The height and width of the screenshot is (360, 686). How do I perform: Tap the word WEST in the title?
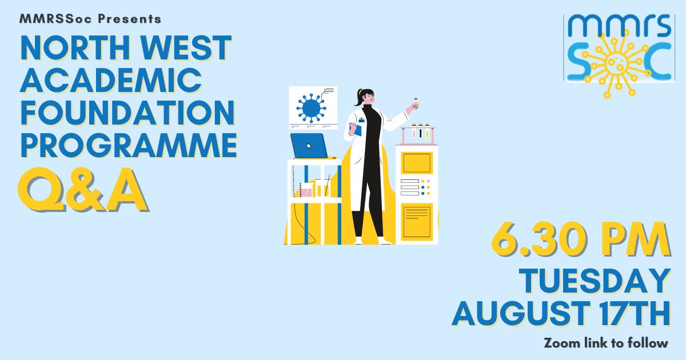pos(186,48)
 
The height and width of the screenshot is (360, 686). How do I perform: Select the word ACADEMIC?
pos(111,80)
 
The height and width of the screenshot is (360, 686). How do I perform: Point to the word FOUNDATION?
pos(127,113)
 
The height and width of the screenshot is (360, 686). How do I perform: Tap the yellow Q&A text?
pos(83,190)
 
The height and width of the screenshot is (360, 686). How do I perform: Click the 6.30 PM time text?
pos(581,239)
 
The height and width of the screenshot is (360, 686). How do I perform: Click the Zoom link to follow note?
pos(606,343)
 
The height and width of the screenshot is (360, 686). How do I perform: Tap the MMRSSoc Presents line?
pos(90,19)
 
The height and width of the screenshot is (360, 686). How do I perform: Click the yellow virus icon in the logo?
pos(616,63)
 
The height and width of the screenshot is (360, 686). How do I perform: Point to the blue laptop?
pos(309,146)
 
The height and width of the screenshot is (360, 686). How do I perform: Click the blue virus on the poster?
pos(311,108)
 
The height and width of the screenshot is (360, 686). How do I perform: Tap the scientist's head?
pos(367,97)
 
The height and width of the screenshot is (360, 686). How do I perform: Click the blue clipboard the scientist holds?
pos(356,129)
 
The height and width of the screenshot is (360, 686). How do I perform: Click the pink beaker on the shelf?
pos(306,192)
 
